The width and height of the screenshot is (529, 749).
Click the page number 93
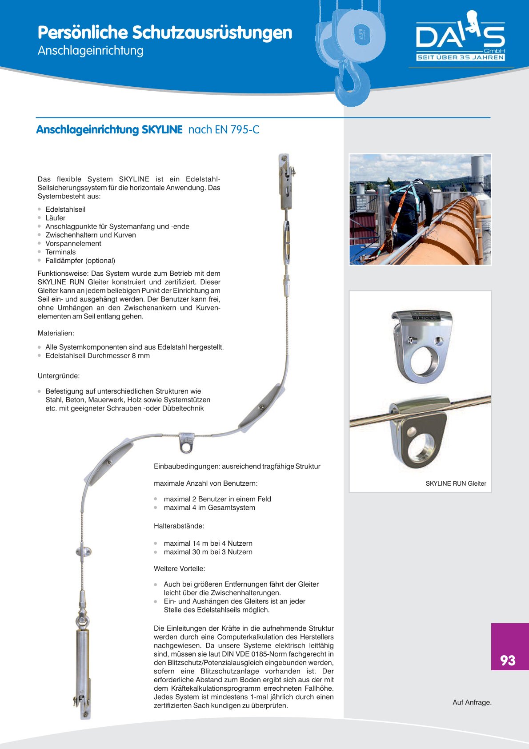point(508,660)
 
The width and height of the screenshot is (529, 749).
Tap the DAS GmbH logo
point(461,38)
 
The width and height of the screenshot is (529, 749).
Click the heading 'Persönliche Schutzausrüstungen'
point(165,32)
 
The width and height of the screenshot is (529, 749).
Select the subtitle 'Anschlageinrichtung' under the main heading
point(91,51)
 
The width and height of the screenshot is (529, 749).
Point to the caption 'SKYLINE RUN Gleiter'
point(456,483)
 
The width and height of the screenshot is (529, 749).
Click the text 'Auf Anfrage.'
point(472,702)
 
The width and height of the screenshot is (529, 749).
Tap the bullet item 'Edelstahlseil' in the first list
point(65,209)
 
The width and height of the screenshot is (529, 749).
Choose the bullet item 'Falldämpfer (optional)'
point(80,261)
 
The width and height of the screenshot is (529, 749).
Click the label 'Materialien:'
point(56,333)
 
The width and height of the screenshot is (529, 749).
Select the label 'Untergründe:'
point(59,376)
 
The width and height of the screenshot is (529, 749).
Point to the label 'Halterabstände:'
point(179,526)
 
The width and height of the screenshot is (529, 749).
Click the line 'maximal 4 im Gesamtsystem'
point(209,508)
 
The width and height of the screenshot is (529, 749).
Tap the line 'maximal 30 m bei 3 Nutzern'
point(208,552)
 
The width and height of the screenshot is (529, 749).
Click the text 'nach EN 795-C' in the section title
point(224,130)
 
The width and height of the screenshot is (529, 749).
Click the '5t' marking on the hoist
point(361,34)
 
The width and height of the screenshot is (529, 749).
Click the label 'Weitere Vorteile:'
point(179,569)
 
